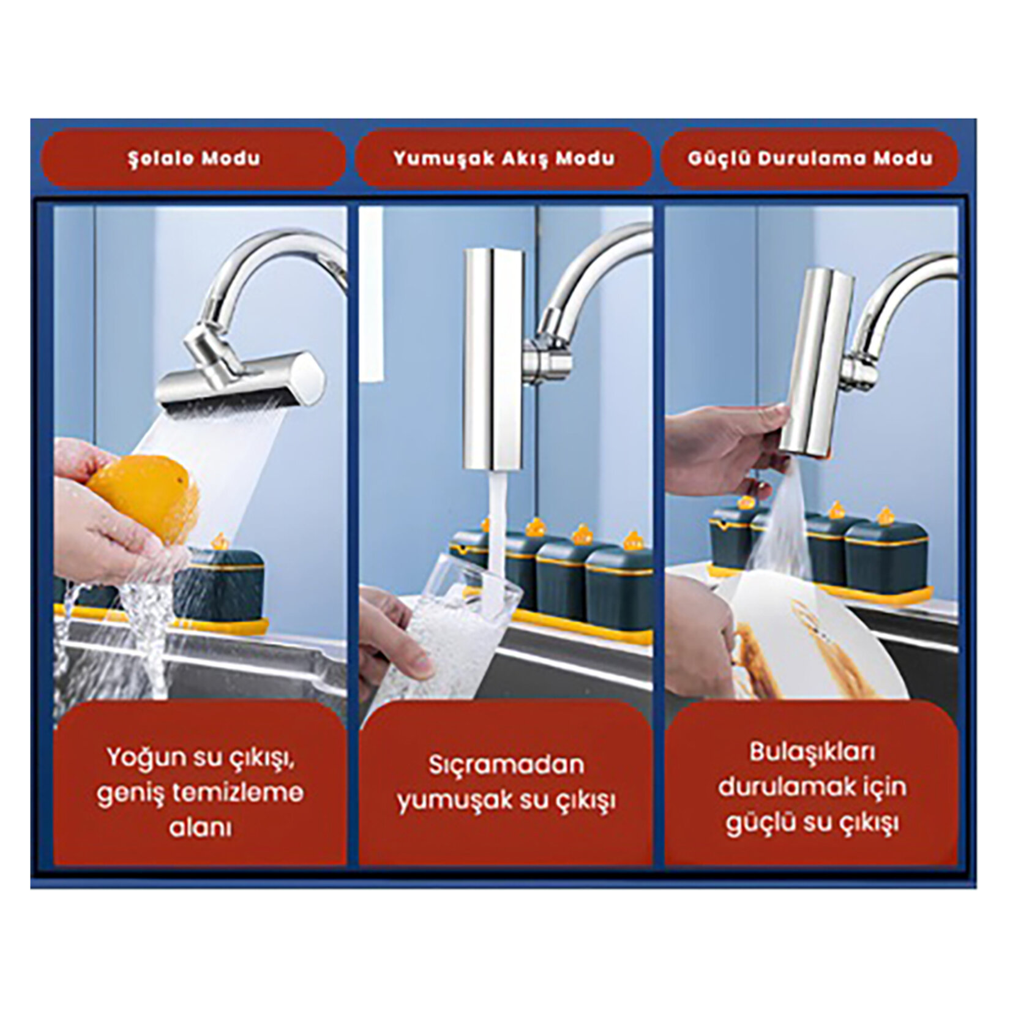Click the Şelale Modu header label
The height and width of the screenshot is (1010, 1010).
tap(194, 159)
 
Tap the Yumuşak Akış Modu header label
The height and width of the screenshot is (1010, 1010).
tap(504, 159)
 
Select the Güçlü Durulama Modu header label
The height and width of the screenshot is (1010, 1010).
tap(810, 159)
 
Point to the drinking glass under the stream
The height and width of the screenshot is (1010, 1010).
tap(441, 637)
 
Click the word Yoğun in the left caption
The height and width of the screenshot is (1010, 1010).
tap(146, 758)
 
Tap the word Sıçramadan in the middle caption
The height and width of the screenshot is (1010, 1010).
tap(506, 765)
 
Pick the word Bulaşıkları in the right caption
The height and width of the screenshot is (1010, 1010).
tap(812, 752)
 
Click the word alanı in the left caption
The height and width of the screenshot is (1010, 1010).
tap(200, 828)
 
